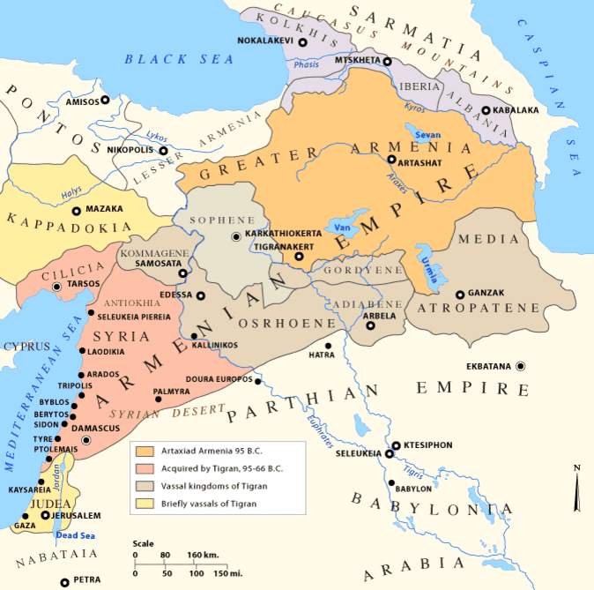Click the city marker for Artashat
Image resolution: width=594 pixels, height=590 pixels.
391,160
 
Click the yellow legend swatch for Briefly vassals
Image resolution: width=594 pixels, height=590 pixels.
144,503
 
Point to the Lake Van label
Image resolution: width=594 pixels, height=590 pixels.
342,227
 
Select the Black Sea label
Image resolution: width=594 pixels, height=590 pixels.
179,59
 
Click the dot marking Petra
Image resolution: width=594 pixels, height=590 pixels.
64,582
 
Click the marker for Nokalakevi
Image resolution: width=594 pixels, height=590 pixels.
302,41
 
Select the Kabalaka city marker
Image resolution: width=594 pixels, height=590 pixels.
486,110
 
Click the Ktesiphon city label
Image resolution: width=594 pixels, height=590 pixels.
433,446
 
